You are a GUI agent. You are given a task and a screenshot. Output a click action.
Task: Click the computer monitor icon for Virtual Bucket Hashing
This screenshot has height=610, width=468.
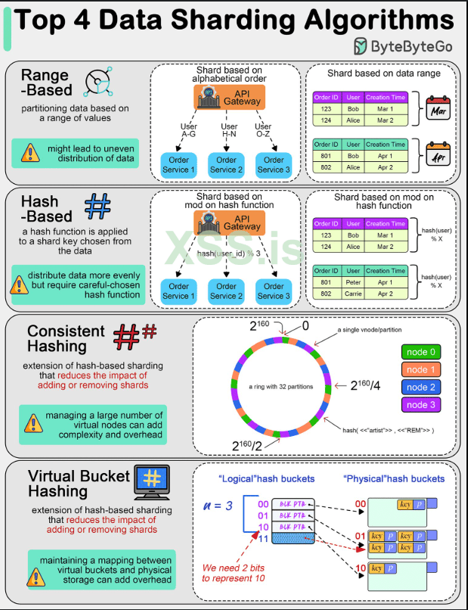coord(152,481)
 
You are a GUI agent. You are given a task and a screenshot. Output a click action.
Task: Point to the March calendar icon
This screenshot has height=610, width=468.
coord(438,110)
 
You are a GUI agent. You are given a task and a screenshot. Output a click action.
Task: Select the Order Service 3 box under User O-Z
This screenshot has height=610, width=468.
coord(274,164)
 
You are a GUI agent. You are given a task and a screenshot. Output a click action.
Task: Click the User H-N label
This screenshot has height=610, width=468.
coord(228,131)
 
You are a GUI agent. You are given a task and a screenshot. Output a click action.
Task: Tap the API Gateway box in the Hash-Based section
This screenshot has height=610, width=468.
coord(228,223)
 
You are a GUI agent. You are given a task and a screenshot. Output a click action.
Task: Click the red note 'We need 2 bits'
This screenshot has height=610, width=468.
coord(232,568)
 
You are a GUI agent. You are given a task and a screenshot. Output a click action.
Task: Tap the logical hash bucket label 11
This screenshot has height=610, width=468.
coord(262,539)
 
